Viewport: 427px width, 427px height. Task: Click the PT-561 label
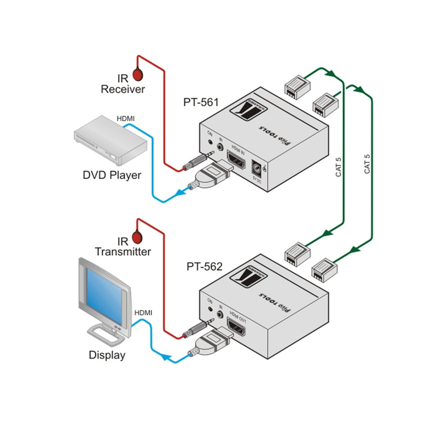[x=201, y=102]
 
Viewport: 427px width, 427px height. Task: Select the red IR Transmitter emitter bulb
[x=138, y=237]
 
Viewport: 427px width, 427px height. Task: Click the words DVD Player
[x=112, y=175]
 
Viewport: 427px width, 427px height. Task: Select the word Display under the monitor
[x=107, y=355]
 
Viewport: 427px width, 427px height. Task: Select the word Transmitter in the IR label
[x=123, y=252]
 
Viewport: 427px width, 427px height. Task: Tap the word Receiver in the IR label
[x=123, y=89]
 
